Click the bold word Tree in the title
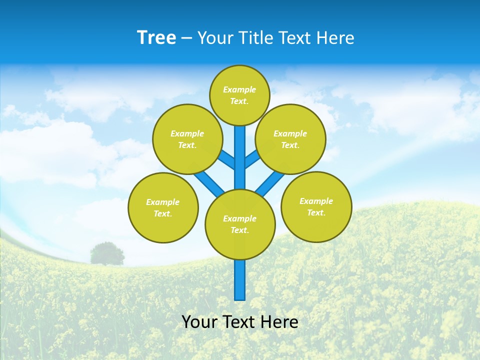(156, 37)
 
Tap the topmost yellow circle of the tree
(239, 95)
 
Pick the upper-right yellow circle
(290, 139)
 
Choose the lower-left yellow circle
(163, 207)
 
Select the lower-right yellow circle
(316, 206)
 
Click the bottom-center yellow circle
(240, 224)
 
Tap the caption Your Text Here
(239, 322)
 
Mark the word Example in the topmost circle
(239, 90)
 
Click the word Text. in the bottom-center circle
(239, 230)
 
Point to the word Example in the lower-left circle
(163, 202)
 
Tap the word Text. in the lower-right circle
(316, 212)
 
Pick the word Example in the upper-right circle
(290, 133)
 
